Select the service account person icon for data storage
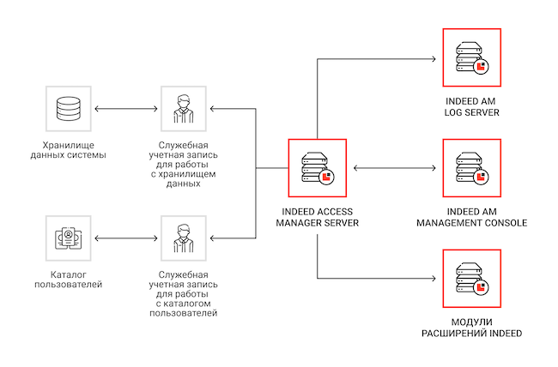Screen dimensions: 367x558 pyautogui.click(x=183, y=109)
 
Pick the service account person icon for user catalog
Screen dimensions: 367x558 pyautogui.click(x=183, y=238)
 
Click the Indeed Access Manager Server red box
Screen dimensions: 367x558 pyautogui.click(x=317, y=168)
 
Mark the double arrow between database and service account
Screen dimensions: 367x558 pyautogui.click(x=125, y=109)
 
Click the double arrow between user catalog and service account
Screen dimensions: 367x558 pyautogui.click(x=125, y=238)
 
